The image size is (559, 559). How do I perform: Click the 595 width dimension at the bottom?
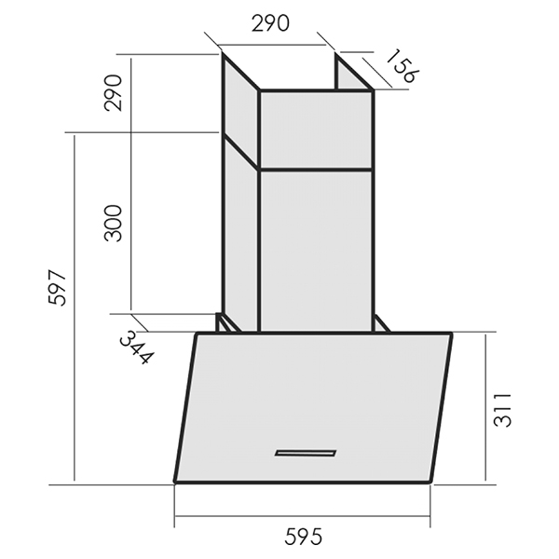303,537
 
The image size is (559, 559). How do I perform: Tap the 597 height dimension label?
57,287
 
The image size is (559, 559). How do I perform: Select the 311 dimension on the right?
502,410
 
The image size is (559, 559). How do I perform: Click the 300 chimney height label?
113,224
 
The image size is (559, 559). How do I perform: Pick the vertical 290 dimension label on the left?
113,92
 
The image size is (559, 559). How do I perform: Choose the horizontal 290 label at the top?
270,24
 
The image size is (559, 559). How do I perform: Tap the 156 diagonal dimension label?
402,66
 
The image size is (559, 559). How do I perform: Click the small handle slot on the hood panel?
306,453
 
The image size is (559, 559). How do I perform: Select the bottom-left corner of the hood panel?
175,482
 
